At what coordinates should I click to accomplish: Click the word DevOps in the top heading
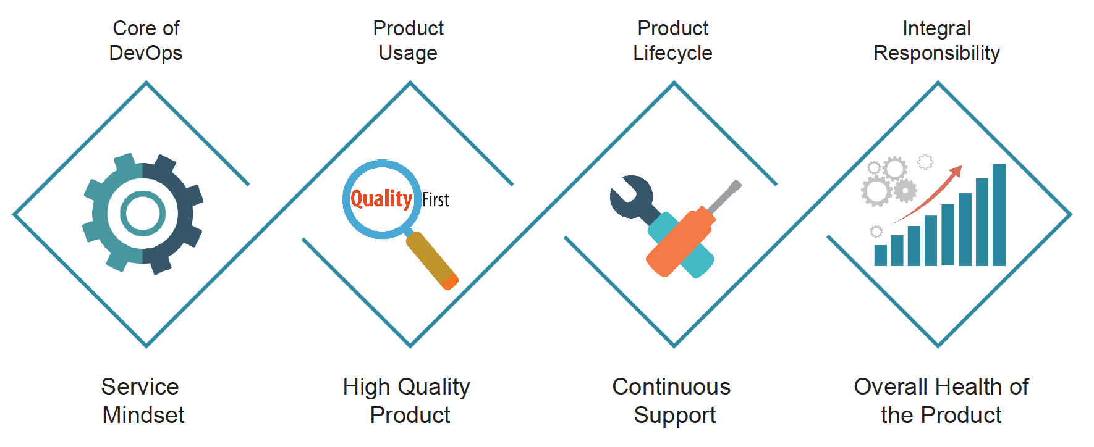point(146,54)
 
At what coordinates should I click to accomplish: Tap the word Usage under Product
point(408,54)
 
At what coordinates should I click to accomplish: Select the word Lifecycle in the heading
point(672,54)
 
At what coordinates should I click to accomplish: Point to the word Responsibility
point(936,54)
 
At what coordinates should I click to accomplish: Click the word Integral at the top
point(936,29)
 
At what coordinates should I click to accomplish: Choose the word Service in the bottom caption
point(140,387)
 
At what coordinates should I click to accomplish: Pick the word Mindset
point(143,416)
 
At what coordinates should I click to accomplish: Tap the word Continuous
point(672,387)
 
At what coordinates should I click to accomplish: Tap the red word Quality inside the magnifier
point(381,199)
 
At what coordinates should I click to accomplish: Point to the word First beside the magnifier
point(436,199)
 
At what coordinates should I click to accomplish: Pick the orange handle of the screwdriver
point(681,241)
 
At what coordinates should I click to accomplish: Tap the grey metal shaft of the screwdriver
point(724,197)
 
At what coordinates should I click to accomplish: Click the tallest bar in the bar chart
point(999,215)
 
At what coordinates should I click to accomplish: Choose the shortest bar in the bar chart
point(881,256)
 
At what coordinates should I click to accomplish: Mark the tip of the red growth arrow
point(962,166)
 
